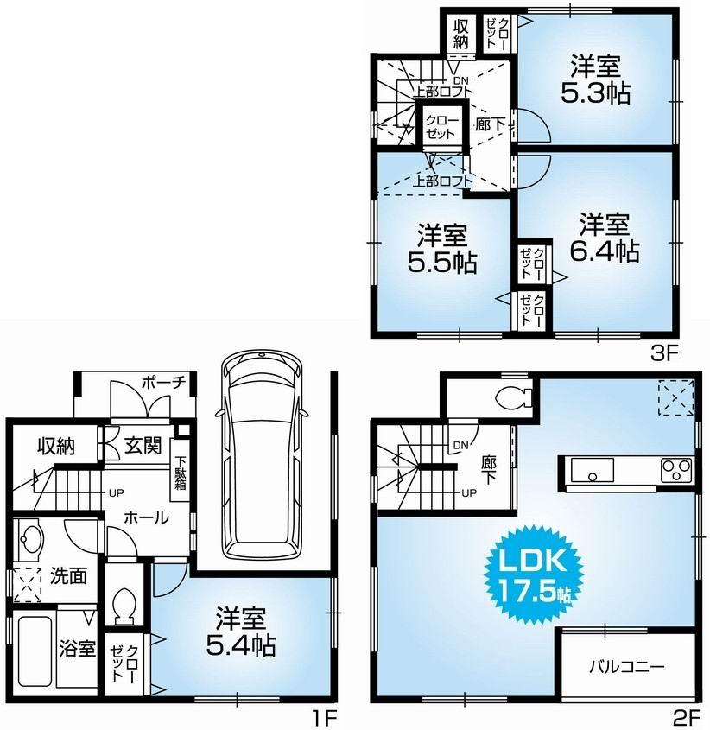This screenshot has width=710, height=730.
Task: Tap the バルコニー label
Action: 627,667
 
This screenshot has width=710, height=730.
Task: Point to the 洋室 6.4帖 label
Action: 609,237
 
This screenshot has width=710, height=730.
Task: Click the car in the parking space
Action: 262,454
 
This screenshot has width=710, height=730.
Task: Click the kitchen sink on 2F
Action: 591,471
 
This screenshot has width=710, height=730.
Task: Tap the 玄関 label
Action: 142,446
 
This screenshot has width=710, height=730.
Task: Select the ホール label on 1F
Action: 146,517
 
